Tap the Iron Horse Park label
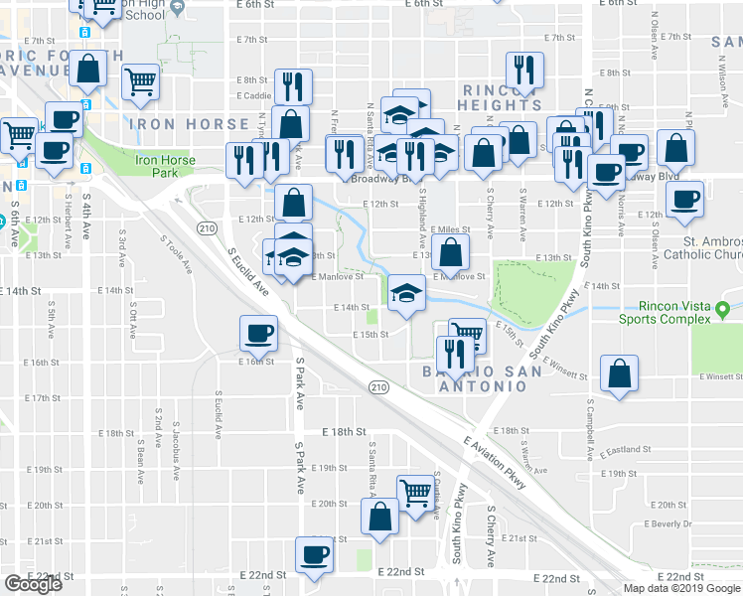coord(161,165)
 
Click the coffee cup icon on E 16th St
coord(259,333)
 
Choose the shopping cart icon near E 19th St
coord(414,491)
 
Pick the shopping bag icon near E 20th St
coord(379,517)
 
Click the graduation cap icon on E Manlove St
coord(405,293)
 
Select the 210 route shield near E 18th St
coord(377,385)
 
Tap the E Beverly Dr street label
coord(668,523)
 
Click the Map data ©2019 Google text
coord(680,588)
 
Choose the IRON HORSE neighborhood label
coord(189,124)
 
